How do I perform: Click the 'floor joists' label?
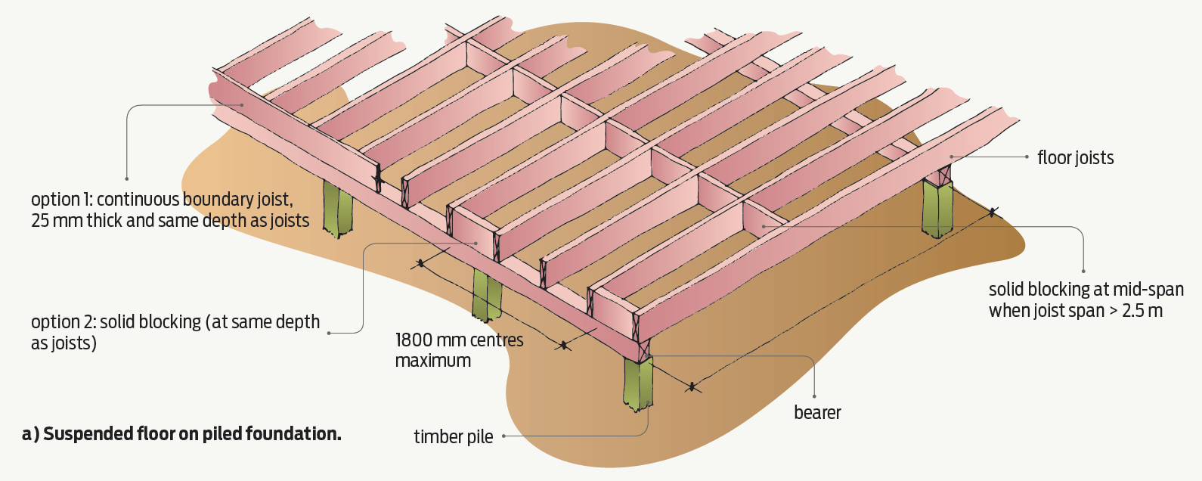point(1075,158)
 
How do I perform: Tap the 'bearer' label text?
point(817,413)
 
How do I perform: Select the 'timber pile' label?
point(453,437)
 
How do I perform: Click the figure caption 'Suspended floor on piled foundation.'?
point(192,434)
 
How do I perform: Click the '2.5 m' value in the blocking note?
point(1142,311)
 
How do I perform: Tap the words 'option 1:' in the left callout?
point(61,200)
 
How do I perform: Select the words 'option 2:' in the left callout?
point(63,322)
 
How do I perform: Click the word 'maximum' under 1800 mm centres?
point(432,362)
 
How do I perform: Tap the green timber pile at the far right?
point(937,207)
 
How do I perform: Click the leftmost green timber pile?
point(337,209)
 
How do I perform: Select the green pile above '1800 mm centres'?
point(486,293)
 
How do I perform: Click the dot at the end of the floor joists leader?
point(1027,157)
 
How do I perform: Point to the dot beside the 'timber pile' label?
point(503,436)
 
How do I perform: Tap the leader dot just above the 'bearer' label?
point(814,396)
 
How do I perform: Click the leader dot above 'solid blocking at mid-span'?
point(1083,271)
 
